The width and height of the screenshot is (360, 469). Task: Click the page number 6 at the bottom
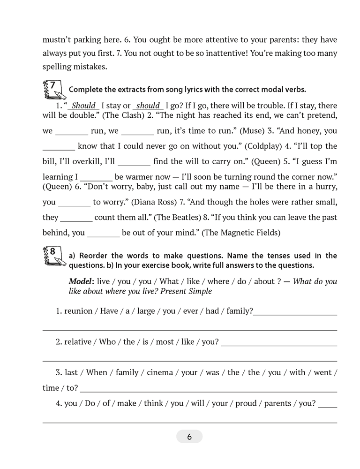tap(189, 437)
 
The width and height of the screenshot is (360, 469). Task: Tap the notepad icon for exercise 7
tap(52, 89)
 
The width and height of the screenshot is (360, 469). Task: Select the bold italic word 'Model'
tap(81, 281)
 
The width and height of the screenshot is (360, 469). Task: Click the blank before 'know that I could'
tap(59, 147)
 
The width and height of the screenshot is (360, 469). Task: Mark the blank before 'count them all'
tap(76, 218)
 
